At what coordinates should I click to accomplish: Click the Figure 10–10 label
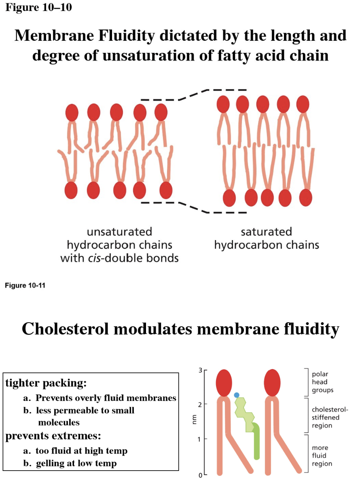[x=38, y=8]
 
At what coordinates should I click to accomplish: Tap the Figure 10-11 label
[x=25, y=286]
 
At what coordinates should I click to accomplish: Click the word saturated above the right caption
[x=266, y=232]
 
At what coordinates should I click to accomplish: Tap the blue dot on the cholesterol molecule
[x=237, y=395]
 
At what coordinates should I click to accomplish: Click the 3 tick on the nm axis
[x=201, y=370]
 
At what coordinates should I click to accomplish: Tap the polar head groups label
[x=320, y=382]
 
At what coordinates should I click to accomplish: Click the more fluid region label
[x=322, y=456]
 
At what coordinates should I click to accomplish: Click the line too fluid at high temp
[x=81, y=450]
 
